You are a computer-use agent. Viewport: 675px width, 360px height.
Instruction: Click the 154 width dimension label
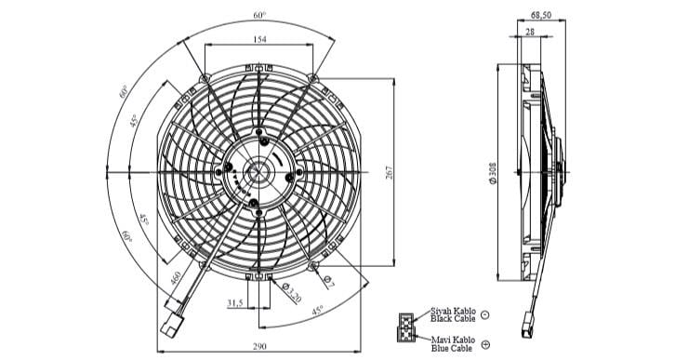pos(258,40)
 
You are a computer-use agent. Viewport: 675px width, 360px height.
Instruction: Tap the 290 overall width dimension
pos(258,346)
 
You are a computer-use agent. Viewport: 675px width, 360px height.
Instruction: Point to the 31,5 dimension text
pos(235,303)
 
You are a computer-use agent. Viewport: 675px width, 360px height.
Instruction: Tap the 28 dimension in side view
pos(528,33)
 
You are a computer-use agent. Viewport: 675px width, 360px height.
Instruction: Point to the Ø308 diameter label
pos(493,174)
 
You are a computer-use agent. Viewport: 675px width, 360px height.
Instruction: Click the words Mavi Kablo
pos(452,339)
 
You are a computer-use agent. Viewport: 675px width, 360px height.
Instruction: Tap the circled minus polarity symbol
pos(485,315)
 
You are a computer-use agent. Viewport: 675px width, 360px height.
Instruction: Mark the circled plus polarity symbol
pos(485,345)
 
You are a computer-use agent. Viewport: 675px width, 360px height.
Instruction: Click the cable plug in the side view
pos(530,330)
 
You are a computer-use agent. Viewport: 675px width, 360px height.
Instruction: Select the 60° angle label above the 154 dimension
pos(258,15)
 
